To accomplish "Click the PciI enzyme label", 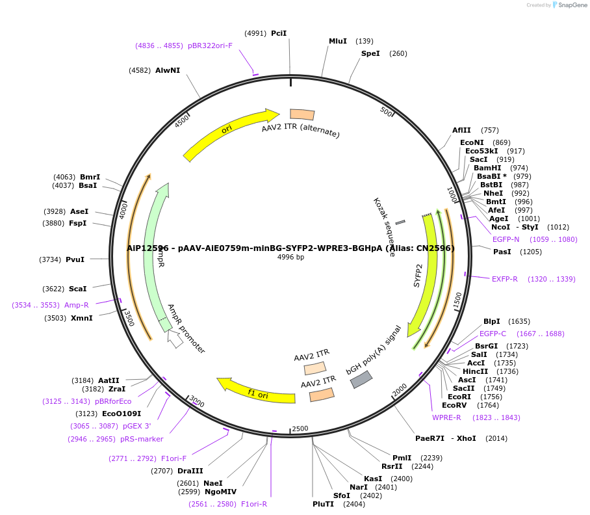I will (279, 33).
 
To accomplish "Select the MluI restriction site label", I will (338, 41).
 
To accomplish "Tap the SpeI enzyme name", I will (370, 53).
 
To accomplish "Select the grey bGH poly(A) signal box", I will (361, 380).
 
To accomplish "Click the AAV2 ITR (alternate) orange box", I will (302, 115).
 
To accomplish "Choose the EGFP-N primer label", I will (506, 239).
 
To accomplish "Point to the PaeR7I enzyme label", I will (430, 438).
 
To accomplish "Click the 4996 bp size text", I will (290, 257).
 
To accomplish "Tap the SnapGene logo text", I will (571, 5).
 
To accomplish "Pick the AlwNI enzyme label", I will (168, 70).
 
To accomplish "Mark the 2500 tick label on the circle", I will (300, 429).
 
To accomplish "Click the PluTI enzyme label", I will (323, 504).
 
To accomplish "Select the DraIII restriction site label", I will (190, 471).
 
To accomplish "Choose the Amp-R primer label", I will (77, 305).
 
